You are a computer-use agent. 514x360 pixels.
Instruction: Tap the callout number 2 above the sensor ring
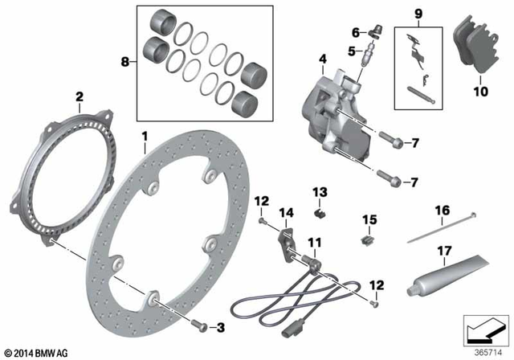79,97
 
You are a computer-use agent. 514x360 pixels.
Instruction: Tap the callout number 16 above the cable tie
441,211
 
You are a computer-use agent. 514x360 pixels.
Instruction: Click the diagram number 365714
484,351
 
